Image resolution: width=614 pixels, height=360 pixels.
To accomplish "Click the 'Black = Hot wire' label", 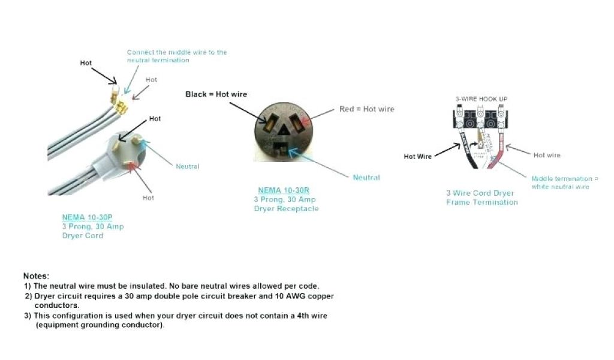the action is pyautogui.click(x=216, y=94).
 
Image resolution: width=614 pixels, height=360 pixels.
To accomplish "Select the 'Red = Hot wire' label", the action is pyautogui.click(x=366, y=109).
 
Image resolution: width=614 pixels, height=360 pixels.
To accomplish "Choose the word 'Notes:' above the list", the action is pyautogui.click(x=36, y=275).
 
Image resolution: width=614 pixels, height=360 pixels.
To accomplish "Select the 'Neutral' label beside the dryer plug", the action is pyautogui.click(x=187, y=166).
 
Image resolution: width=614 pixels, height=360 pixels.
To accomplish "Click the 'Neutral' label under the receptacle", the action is pyautogui.click(x=366, y=178).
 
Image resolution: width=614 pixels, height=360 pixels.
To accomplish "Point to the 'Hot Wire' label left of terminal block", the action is pyautogui.click(x=417, y=157).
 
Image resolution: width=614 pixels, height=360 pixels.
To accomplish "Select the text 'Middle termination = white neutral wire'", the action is pyautogui.click(x=564, y=183).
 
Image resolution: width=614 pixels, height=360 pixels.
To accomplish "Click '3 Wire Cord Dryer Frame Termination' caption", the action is pyautogui.click(x=481, y=198).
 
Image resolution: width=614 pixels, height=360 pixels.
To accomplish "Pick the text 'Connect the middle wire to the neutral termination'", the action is pyautogui.click(x=177, y=56).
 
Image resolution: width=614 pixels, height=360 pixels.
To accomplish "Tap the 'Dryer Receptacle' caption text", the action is pyautogui.click(x=286, y=209).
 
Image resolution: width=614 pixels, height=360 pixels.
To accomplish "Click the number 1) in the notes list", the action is pyautogui.click(x=28, y=286).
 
